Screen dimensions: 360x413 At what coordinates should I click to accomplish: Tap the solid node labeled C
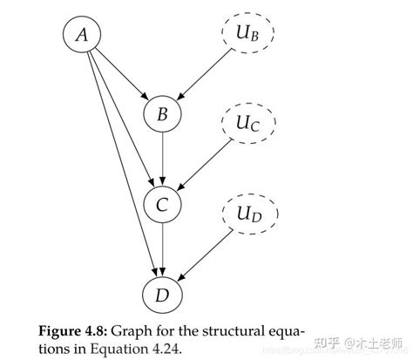click(161, 206)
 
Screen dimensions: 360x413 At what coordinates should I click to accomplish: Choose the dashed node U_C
click(246, 125)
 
